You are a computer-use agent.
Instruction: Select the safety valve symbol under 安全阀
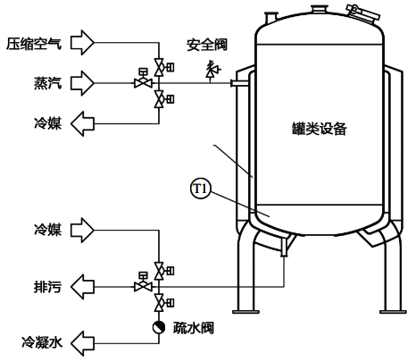(x=211, y=70)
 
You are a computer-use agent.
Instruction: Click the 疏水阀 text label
(x=192, y=327)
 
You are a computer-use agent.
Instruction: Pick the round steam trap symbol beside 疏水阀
(x=159, y=327)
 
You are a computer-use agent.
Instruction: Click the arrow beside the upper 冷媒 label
(x=84, y=122)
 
